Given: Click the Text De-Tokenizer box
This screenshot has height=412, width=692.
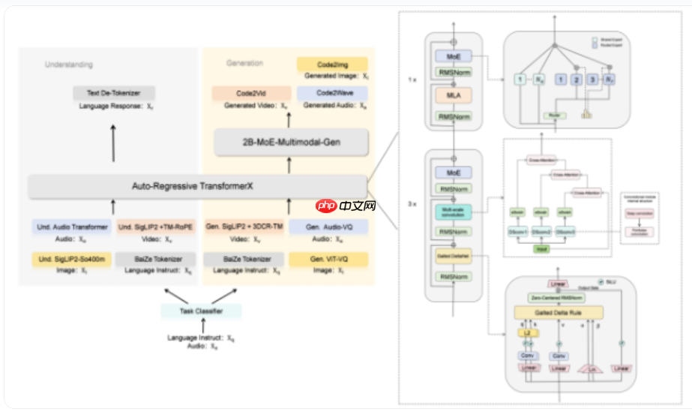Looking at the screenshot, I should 114,93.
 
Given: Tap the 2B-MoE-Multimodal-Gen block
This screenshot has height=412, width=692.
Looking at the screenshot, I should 292,141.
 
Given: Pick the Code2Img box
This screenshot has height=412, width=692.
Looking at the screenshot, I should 332,65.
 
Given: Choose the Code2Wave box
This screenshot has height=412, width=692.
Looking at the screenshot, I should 332,94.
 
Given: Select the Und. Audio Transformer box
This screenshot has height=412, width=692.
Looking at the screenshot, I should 71,227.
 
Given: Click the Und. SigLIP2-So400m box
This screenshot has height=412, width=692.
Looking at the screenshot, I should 71,260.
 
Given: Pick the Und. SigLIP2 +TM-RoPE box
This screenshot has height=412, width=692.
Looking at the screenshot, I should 157,227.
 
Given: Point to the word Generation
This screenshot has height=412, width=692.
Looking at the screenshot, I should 244,63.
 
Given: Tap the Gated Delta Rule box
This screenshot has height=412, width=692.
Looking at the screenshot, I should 558,313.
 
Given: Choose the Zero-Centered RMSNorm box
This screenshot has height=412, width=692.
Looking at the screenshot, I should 558,298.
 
